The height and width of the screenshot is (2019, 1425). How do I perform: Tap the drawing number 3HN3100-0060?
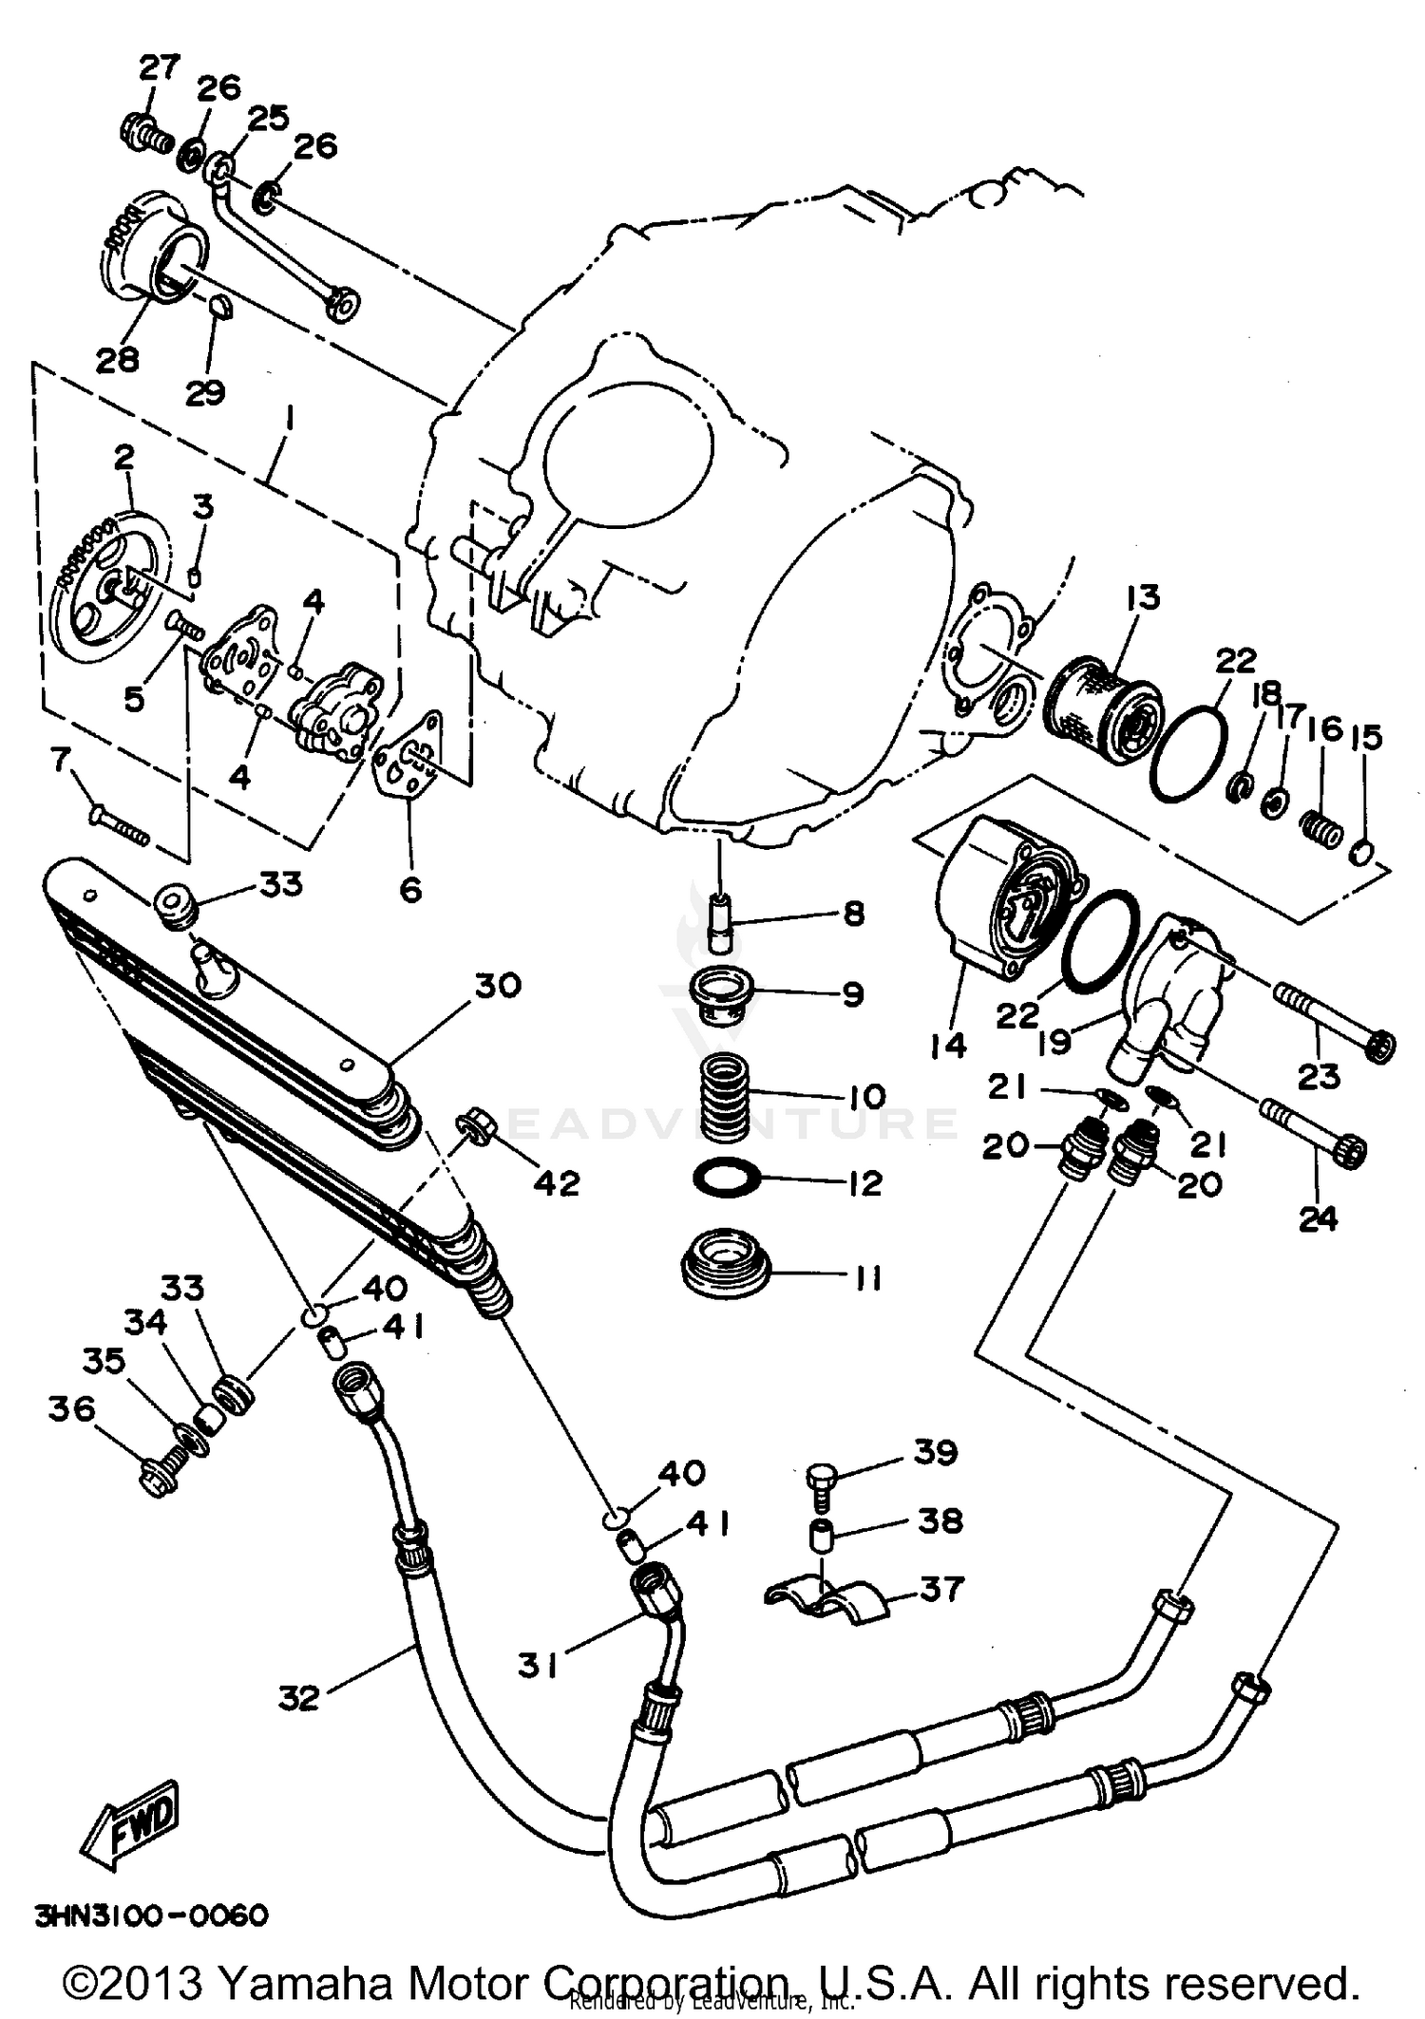click(x=151, y=1915)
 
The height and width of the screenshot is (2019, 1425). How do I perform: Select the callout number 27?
click(x=159, y=67)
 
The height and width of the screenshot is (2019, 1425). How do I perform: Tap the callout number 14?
click(x=948, y=1046)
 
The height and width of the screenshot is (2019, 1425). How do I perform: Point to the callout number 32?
click(x=298, y=1697)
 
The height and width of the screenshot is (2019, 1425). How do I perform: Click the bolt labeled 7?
click(x=120, y=823)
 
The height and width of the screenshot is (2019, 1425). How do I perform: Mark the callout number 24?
click(x=1318, y=1218)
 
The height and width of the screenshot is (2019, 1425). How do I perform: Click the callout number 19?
click(x=1054, y=1041)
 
